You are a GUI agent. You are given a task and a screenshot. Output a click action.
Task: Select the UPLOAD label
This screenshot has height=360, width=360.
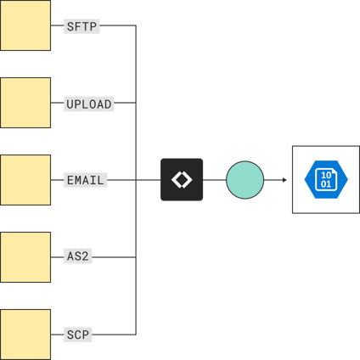(x=89, y=104)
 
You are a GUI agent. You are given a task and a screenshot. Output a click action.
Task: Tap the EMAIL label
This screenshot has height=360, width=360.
(x=85, y=180)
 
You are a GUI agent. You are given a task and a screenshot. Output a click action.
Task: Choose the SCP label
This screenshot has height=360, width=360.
(x=78, y=335)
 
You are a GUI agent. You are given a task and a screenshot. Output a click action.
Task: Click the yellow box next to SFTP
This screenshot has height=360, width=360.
(x=25, y=25)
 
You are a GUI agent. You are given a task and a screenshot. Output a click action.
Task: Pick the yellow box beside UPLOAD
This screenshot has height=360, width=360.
(x=25, y=103)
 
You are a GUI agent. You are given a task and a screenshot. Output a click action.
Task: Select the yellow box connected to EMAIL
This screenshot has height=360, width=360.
(x=25, y=180)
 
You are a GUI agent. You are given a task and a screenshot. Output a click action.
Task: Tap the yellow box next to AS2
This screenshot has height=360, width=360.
(x=25, y=256)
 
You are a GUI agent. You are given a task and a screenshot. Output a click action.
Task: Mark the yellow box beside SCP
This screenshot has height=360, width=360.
(x=25, y=334)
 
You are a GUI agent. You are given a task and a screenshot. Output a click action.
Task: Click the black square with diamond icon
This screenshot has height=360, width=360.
(x=182, y=180)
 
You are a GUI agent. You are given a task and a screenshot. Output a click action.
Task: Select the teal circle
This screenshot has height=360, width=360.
(x=245, y=180)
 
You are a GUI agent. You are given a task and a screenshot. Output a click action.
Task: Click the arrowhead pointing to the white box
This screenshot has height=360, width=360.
(x=283, y=180)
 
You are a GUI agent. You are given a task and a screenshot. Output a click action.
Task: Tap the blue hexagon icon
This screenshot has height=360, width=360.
(x=325, y=180)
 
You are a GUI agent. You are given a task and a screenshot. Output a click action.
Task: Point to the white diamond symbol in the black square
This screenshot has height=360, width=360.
(x=182, y=180)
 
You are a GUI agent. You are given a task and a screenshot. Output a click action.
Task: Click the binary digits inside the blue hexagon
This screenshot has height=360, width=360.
(x=325, y=180)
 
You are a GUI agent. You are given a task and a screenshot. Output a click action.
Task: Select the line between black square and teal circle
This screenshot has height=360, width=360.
(x=215, y=180)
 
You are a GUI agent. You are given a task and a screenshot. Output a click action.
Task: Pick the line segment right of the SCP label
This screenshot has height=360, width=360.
(x=114, y=334)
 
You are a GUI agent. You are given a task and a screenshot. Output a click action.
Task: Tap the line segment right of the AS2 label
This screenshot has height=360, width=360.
(x=115, y=256)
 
